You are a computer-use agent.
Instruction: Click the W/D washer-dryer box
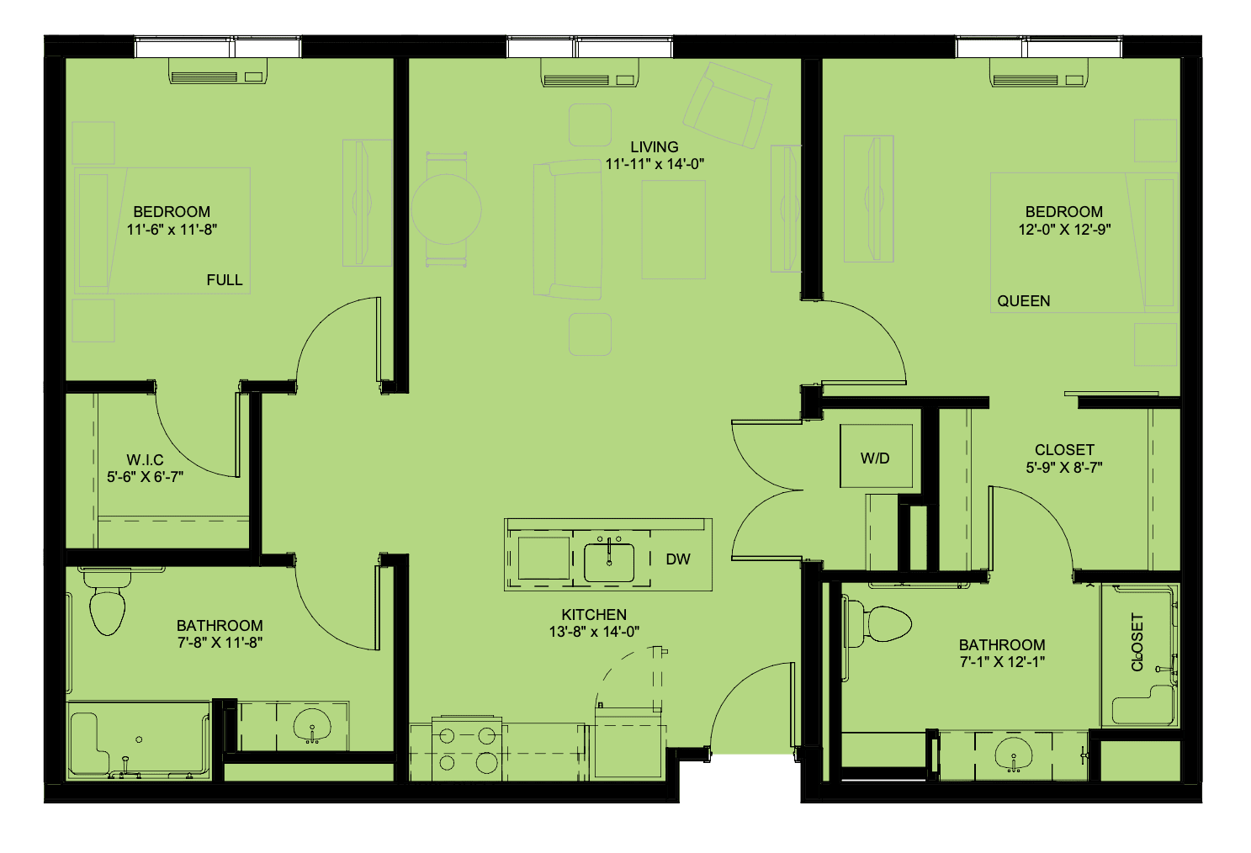point(877,456)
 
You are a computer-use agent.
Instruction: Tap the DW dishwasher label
point(678,559)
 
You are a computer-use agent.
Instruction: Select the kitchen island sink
point(609,562)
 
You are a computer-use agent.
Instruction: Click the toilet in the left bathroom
point(107,602)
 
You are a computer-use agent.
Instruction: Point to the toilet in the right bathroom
point(877,623)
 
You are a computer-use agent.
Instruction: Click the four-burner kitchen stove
point(466,748)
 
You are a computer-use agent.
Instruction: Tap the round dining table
point(446,209)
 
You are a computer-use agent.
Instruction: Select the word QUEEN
point(1024,301)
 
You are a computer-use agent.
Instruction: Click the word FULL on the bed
point(225,280)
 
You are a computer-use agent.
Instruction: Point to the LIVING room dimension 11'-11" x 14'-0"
point(655,164)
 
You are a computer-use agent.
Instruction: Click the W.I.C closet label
point(146,460)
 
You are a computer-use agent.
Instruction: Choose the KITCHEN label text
point(594,614)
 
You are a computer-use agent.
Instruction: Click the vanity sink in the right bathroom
point(1014,754)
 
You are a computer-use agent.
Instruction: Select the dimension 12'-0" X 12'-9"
point(1064,230)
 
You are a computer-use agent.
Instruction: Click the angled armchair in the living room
point(728,105)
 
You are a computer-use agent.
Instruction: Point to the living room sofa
point(567,230)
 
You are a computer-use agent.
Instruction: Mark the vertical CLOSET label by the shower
point(1137,642)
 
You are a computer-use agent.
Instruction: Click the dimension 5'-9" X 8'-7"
point(1064,467)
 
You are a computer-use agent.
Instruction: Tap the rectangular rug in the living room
point(674,230)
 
